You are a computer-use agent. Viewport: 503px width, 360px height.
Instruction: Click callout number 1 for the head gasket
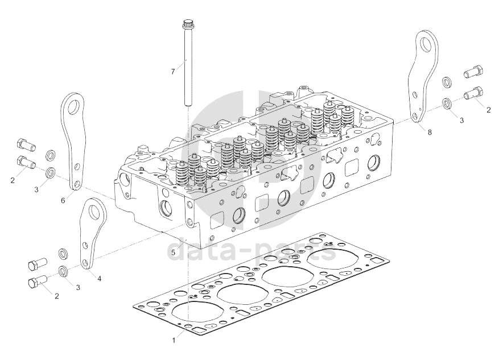(x=174, y=340)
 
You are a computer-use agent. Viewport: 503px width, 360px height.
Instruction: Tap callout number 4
(x=99, y=279)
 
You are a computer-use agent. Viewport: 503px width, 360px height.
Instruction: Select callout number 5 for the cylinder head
(x=173, y=251)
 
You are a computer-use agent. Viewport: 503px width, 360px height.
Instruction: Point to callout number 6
(x=63, y=201)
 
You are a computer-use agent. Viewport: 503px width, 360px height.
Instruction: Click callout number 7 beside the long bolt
(x=174, y=72)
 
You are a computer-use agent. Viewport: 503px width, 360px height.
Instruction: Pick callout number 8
(x=429, y=132)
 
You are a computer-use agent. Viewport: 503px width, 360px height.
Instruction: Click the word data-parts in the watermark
(x=253, y=250)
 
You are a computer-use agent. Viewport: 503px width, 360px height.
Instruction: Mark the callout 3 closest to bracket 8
(x=461, y=120)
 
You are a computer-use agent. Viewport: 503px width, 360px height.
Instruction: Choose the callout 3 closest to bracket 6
(x=36, y=189)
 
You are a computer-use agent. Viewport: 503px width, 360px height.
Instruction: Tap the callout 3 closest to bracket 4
(x=78, y=287)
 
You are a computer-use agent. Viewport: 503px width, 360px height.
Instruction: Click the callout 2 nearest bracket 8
(x=488, y=110)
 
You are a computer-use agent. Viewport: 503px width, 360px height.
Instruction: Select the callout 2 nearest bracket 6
(x=12, y=181)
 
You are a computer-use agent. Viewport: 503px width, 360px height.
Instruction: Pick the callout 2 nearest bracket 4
(x=56, y=296)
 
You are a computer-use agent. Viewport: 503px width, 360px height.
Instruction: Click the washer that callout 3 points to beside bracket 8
(x=447, y=104)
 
